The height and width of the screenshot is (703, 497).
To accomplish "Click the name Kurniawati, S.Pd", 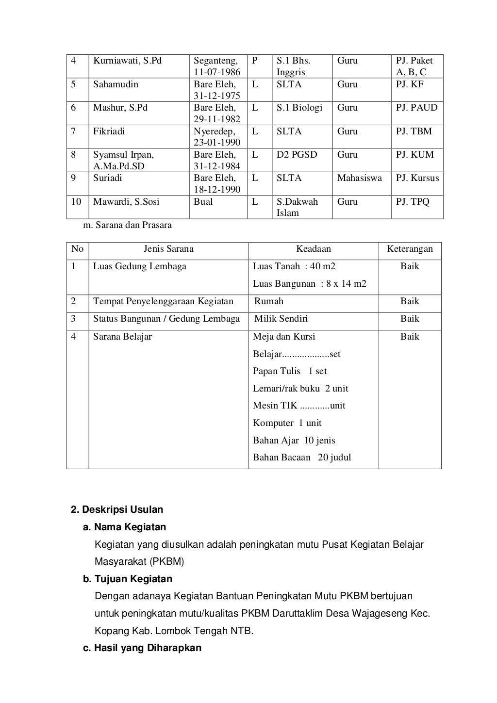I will (127, 61).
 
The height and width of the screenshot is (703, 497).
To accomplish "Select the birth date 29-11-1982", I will (217, 119).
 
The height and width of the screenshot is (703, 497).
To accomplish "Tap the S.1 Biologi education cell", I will (299, 108).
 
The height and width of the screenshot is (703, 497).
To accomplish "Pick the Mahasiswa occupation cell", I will (359, 178).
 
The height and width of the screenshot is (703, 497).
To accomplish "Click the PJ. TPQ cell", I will (413, 201).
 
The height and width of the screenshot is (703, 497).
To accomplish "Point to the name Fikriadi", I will (109, 131).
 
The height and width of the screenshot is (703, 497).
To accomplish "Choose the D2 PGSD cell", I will (297, 155).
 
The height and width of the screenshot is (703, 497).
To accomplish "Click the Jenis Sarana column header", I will (168, 249).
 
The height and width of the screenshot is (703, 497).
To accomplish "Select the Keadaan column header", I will (314, 249).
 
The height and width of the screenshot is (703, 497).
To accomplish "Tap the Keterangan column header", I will (410, 249).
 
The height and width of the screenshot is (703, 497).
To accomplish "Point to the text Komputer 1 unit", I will (287, 423).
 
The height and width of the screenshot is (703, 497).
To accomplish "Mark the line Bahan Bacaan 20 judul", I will (301, 458).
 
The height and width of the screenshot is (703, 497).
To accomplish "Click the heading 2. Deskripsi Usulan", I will (117, 509).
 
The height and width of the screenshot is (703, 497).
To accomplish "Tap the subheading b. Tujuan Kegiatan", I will (128, 579).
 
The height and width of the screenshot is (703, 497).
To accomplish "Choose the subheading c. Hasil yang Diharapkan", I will (142, 648).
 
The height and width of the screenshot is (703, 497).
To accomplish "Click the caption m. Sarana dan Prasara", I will (128, 225).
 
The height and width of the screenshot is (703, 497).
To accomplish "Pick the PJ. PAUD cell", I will (416, 108).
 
